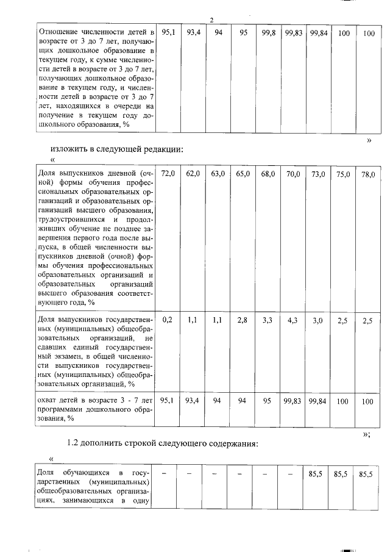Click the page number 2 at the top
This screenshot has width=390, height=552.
point(211,21)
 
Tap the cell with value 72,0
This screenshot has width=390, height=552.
point(168,174)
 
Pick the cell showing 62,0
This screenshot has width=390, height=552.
point(193,174)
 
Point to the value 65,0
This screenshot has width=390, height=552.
point(243,174)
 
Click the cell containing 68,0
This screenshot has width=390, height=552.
point(268,174)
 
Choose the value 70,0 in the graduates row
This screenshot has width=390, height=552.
point(293,174)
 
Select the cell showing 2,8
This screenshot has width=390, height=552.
point(243,319)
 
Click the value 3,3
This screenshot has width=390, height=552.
point(268,319)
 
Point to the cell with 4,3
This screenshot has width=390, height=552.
point(292,319)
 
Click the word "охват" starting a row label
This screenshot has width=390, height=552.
point(48,400)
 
